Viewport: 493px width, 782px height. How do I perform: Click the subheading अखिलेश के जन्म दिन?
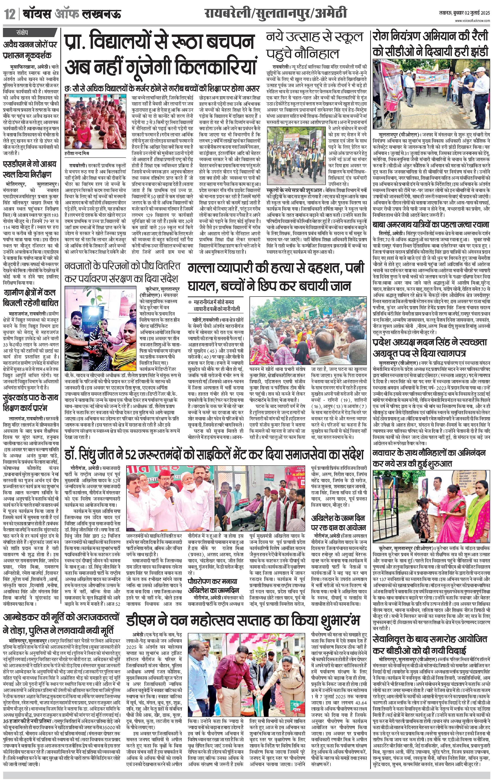pyautogui.click(x=338, y=518)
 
